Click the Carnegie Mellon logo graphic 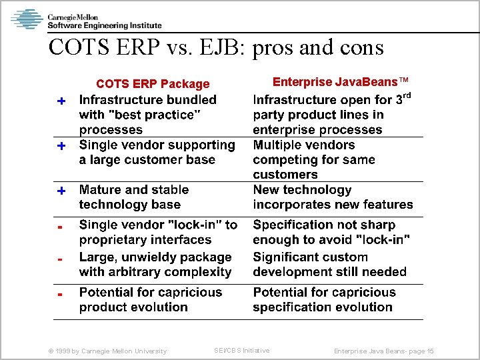(x=27, y=19)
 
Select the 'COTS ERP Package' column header (x=153, y=84)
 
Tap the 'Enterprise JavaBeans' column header (x=340, y=82)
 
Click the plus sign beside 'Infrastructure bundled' (x=61, y=101)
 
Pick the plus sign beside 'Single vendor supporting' (x=61, y=145)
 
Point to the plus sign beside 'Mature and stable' (x=61, y=191)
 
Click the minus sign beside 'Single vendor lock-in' (x=60, y=227)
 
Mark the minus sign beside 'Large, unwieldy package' (x=60, y=259)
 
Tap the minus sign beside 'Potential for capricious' (x=60, y=293)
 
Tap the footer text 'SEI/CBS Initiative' (x=241, y=351)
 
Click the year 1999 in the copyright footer (x=61, y=351)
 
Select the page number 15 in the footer (x=430, y=351)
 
